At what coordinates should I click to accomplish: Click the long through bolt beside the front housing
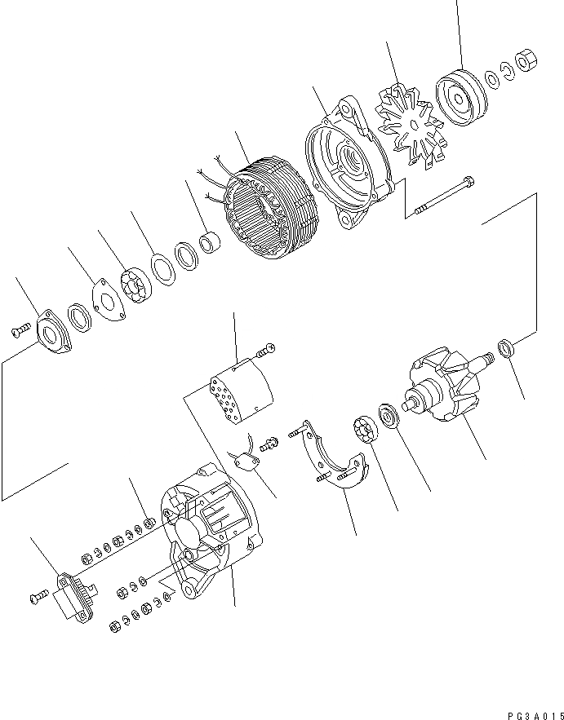445,197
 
